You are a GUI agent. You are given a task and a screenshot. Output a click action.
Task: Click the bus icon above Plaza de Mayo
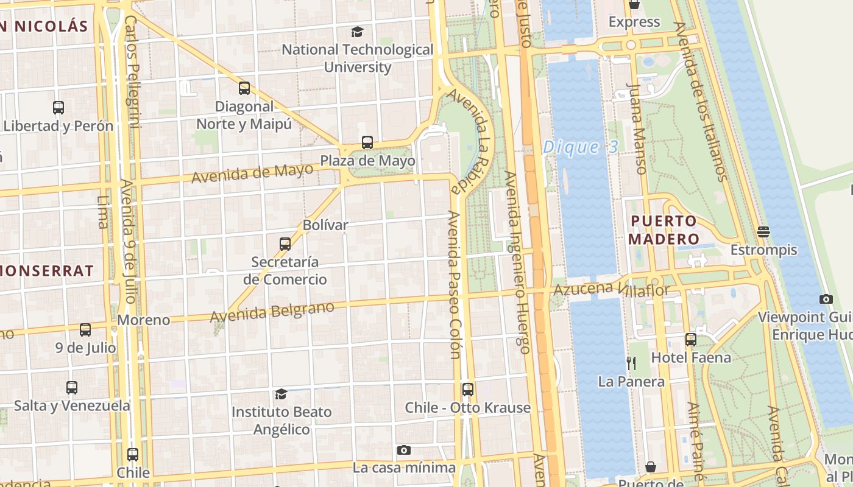[x=367, y=142]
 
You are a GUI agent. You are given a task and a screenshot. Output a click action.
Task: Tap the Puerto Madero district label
[x=664, y=229]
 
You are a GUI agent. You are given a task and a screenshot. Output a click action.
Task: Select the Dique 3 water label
[x=580, y=147]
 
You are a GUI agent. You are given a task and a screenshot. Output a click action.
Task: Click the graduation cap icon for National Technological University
[x=358, y=32]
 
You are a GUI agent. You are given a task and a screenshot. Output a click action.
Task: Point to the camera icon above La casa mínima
[x=403, y=450]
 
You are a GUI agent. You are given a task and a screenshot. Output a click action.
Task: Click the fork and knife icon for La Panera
[x=631, y=363]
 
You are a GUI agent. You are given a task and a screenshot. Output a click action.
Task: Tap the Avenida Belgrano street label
[x=272, y=312]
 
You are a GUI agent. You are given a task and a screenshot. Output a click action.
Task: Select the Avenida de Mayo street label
[x=252, y=173]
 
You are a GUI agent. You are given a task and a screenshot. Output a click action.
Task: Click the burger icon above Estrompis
[x=763, y=231]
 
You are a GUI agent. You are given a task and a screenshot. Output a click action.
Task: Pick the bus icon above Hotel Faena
[x=690, y=339]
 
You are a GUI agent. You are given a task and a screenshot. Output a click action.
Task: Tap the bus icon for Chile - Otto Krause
[x=467, y=389]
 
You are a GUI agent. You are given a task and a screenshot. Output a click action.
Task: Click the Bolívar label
[x=325, y=225]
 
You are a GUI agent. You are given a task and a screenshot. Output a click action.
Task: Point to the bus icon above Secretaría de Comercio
[x=285, y=244]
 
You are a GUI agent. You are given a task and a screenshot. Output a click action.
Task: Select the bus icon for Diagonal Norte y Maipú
[x=244, y=88]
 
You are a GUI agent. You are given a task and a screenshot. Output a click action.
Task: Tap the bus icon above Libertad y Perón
[x=58, y=108]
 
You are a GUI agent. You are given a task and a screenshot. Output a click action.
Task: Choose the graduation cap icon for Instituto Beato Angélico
[x=281, y=394]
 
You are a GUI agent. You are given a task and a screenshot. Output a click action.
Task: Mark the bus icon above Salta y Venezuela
[x=72, y=387]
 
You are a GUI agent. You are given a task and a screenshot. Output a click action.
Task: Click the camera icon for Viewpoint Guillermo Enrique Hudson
[x=826, y=299]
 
